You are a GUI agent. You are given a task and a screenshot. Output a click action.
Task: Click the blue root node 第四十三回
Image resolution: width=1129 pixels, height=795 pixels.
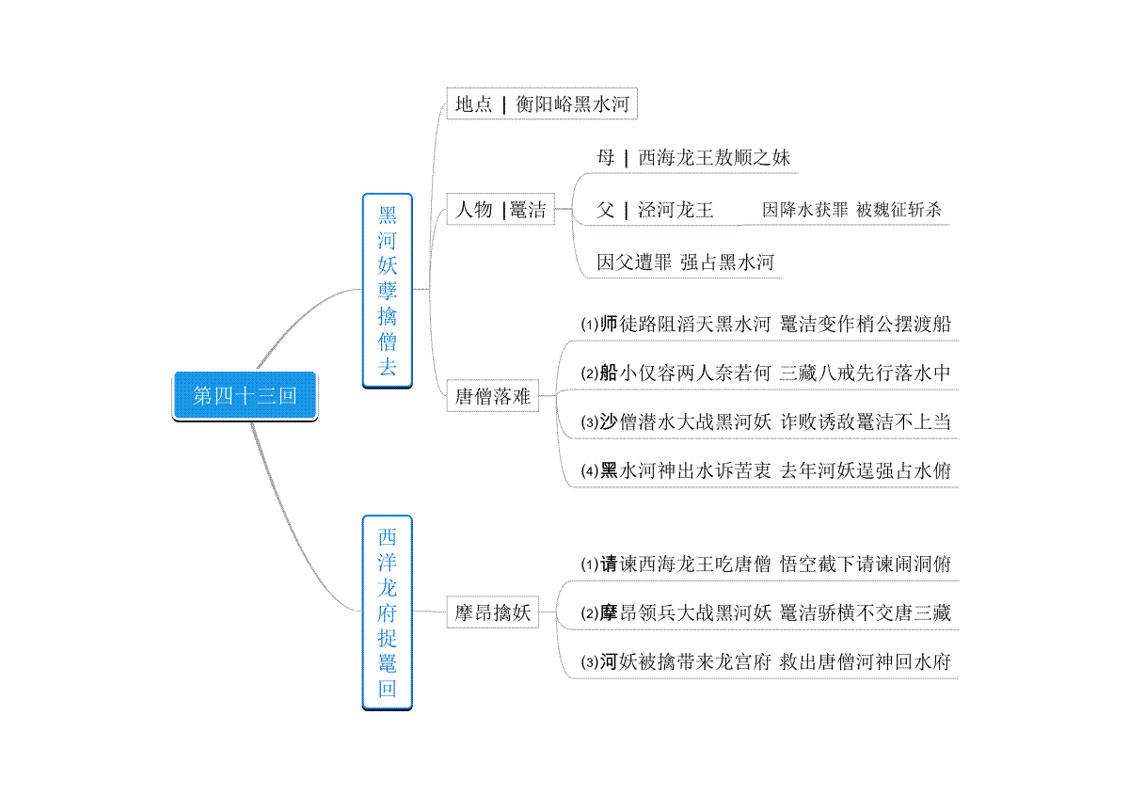(x=245, y=396)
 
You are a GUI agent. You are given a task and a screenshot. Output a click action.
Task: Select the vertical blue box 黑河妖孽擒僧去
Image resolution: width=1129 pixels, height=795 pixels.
(x=387, y=291)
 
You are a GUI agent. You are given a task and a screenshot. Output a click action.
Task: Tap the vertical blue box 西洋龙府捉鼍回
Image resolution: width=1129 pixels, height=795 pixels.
(x=387, y=612)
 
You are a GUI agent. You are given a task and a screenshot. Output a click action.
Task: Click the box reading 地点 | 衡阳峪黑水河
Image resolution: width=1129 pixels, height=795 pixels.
(x=542, y=103)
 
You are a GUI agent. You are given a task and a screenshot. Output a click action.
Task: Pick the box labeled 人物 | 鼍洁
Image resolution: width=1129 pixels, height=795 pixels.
(x=501, y=209)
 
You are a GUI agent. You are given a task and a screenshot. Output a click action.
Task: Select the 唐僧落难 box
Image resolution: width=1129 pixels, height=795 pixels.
(x=492, y=396)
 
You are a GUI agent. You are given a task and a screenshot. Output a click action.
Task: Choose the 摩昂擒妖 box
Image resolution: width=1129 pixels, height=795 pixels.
(x=492, y=612)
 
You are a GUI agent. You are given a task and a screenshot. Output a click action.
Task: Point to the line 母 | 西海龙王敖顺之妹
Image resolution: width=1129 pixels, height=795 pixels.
(x=693, y=158)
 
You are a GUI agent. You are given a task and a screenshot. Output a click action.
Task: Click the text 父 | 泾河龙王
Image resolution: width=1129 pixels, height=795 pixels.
(x=655, y=210)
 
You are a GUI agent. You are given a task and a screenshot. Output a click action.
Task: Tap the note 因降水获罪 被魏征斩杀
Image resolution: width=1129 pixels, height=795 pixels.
(x=851, y=210)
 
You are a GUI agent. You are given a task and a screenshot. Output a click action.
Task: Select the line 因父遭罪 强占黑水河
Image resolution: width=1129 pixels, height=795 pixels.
(x=685, y=262)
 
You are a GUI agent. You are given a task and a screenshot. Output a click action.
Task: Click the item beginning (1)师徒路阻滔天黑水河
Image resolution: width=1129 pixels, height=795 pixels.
(x=766, y=325)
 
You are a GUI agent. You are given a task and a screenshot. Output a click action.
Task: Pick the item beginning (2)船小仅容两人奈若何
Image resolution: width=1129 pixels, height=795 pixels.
(x=766, y=374)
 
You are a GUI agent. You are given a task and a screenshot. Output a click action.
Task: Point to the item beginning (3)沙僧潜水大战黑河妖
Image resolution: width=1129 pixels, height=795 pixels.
(x=766, y=421)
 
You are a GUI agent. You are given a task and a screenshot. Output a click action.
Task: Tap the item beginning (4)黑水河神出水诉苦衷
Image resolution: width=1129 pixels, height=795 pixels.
(x=766, y=470)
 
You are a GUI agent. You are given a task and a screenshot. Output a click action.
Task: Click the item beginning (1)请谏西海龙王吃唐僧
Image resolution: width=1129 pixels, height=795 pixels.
(x=766, y=564)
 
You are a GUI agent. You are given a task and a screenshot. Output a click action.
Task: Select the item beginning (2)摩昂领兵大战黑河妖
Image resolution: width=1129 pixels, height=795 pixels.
(x=766, y=613)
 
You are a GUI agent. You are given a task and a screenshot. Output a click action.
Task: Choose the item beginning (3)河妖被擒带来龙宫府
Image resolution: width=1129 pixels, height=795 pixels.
(x=766, y=662)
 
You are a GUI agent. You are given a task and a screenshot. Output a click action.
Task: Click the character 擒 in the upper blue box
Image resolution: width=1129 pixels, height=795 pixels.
(x=387, y=316)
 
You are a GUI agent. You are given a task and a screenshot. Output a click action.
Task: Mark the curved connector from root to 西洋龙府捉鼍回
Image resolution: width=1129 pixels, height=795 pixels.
(x=288, y=531)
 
